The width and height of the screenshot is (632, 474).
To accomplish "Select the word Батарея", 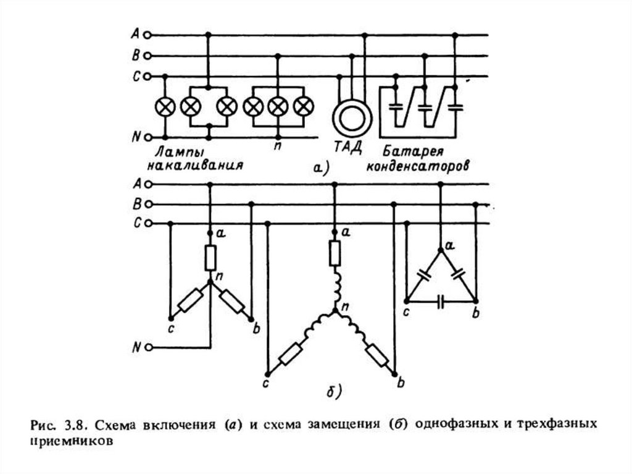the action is pos(413,152).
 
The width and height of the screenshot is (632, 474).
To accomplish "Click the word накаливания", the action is pos(194,166).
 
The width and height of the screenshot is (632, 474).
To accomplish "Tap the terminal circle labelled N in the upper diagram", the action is pos(148,138).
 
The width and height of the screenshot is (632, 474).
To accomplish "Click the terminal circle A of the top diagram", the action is pos(148,35).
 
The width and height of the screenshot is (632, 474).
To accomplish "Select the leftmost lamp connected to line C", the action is pos(165,107).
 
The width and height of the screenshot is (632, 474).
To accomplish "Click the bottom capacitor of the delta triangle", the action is pos(441,301).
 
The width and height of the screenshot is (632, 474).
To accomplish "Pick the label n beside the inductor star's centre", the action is pos(346,308).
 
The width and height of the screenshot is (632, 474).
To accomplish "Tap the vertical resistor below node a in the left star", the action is pos(210,258).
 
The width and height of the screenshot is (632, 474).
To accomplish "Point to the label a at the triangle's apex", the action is pos(450,245).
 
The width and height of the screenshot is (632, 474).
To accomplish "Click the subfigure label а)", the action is pos(321,168).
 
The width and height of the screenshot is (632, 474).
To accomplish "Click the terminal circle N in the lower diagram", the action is pos(148,347).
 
